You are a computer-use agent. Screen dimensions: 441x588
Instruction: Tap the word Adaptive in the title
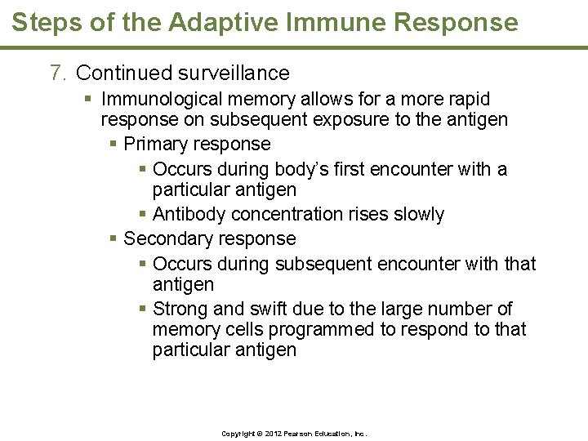point(201,22)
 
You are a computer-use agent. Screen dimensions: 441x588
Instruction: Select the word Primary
point(157,145)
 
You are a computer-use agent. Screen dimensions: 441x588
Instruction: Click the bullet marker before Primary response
point(114,145)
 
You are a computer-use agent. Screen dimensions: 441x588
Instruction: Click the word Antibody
point(189,215)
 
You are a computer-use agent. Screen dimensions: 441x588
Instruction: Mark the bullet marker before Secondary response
point(114,239)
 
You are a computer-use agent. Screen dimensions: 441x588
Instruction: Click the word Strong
point(180,309)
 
